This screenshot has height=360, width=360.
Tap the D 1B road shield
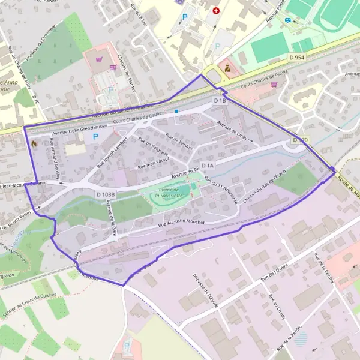pos(220,101)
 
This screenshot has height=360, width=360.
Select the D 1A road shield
pos(208,165)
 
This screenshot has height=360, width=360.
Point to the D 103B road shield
pos(105,194)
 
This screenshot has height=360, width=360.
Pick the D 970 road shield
pos(300,140)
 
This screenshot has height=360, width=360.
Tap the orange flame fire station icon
pos(34,144)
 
